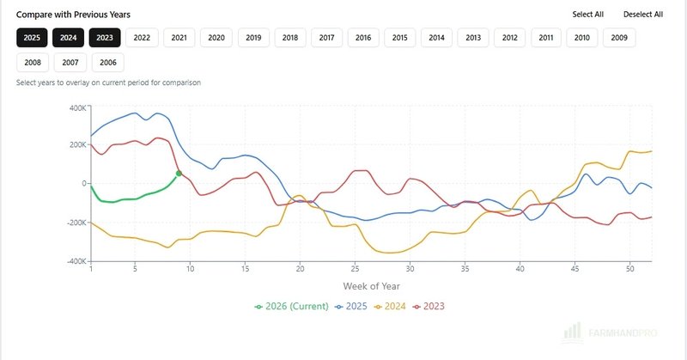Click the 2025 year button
tap(33, 37)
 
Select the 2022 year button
tap(142, 37)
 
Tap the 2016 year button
tap(363, 37)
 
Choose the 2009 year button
tap(619, 37)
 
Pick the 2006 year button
tap(107, 62)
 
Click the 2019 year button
tap(252, 37)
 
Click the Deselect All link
tap(643, 15)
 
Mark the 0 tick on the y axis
tap(83, 184)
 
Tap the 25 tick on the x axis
tap(355, 269)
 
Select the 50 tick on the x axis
tap(629, 269)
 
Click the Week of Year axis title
tap(371, 286)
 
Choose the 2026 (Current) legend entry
tap(292, 306)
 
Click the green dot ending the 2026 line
tap(179, 174)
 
